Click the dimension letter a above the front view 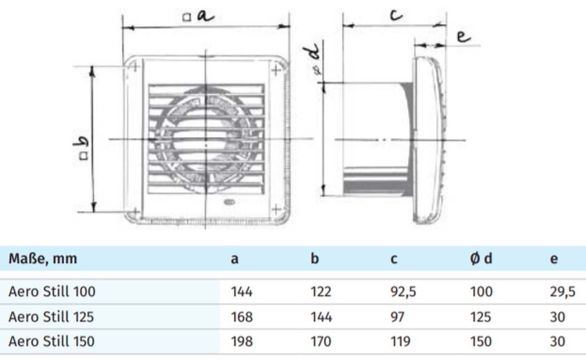point(206,16)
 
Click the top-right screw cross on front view point(276,70)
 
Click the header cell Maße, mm point(43,259)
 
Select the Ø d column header point(481,259)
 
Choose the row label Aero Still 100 point(52,291)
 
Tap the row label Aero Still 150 point(51,341)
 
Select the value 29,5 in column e point(562,291)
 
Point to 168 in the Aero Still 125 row point(242,317)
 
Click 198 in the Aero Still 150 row point(242,341)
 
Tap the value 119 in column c point(400,341)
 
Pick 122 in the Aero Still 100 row point(320,291)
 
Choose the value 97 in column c point(397,317)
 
